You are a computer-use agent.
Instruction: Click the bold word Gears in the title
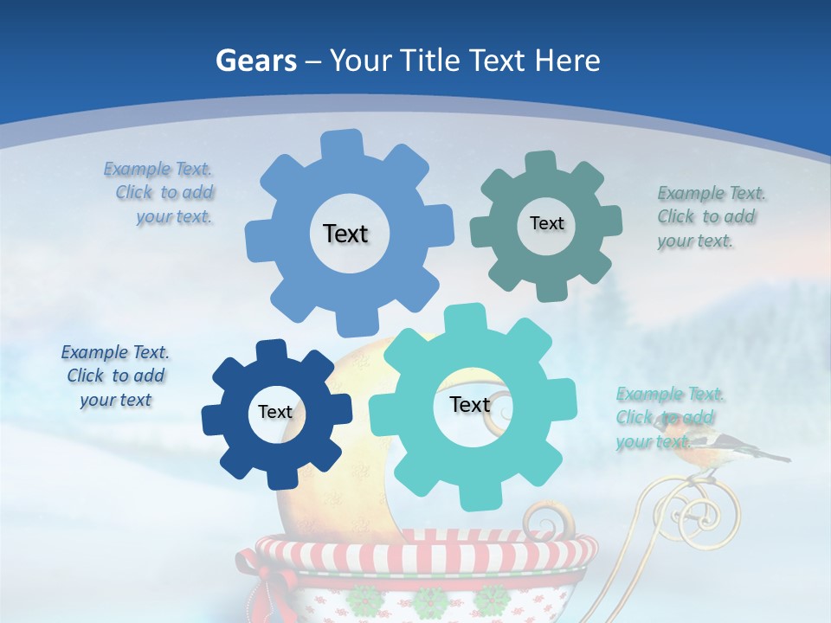[x=255, y=61]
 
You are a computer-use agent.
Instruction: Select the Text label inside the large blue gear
[x=345, y=234]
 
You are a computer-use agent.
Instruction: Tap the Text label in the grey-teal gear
[x=546, y=223]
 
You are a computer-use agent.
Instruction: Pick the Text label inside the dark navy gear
[x=275, y=412]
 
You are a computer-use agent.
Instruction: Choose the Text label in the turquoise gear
[x=470, y=404]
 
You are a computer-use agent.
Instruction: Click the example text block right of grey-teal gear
[x=710, y=217]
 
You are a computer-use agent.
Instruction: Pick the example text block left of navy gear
[x=115, y=376]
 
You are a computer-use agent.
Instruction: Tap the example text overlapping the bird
[x=668, y=418]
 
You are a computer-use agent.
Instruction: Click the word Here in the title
[x=568, y=61]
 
